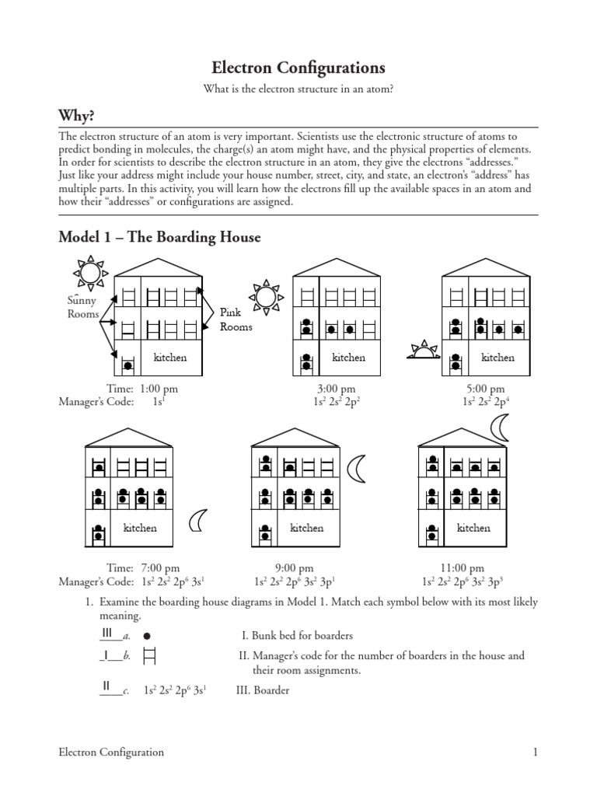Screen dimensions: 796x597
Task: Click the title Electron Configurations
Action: click(x=298, y=68)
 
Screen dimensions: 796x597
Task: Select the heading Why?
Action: click(x=76, y=116)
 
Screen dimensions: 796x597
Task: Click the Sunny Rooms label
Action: click(x=83, y=307)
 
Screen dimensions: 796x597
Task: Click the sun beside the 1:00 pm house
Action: click(x=88, y=272)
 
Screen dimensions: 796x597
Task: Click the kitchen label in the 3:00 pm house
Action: click(x=349, y=358)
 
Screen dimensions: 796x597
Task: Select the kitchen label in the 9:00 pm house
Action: click(x=306, y=528)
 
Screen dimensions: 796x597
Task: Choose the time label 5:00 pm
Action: click(x=485, y=389)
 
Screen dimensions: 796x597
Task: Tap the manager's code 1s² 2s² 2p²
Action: click(x=336, y=402)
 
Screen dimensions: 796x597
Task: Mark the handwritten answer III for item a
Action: click(x=109, y=633)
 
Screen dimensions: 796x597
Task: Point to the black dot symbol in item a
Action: click(x=147, y=635)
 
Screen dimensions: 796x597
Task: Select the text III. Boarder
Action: click(x=263, y=690)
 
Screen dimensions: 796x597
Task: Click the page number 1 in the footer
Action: click(x=536, y=752)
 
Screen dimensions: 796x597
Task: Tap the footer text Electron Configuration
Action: click(x=112, y=752)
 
